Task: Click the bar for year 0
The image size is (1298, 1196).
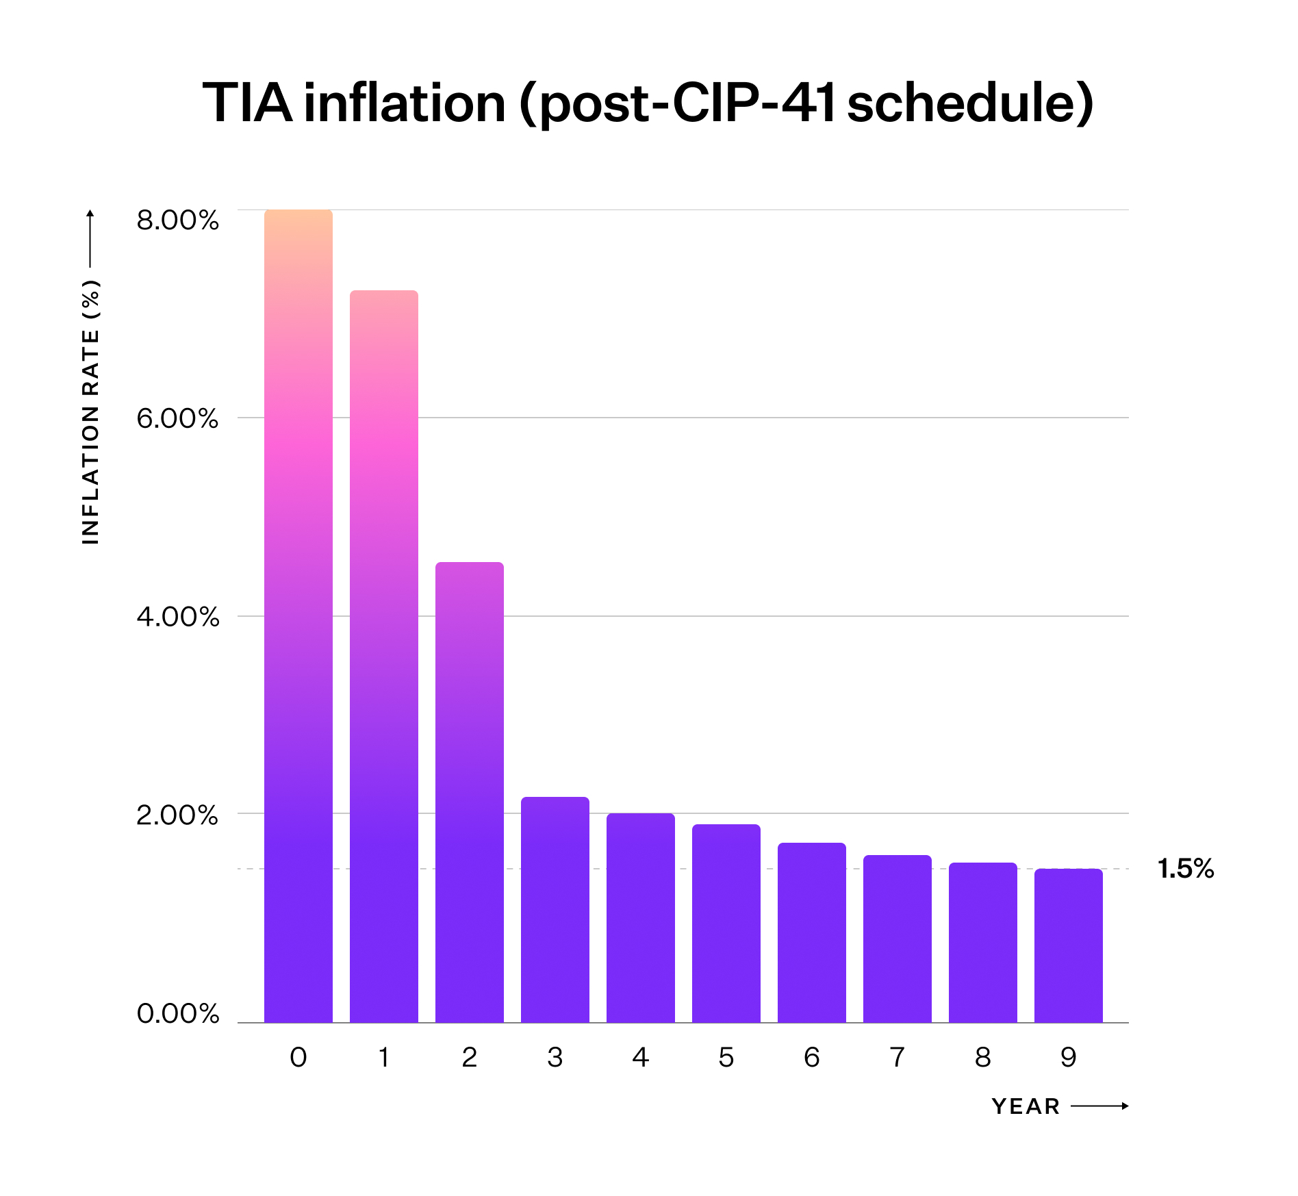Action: (x=298, y=616)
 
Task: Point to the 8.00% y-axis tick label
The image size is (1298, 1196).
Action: (x=177, y=220)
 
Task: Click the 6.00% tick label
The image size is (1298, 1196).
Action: (x=177, y=418)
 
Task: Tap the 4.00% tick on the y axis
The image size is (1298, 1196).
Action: (x=177, y=617)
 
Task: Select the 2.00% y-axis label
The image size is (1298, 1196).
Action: (x=177, y=815)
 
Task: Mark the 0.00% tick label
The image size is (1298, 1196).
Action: (x=177, y=1013)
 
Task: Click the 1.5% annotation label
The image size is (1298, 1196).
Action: (x=1185, y=869)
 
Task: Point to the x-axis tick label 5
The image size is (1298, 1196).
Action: (x=726, y=1058)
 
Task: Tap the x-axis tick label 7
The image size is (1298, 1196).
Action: (x=897, y=1058)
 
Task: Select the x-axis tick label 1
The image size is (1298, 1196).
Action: (x=383, y=1058)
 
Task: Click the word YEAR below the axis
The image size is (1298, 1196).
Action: (x=1026, y=1106)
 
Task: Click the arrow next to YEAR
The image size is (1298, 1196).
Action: (x=1099, y=1106)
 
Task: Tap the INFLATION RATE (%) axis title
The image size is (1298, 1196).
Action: (x=90, y=411)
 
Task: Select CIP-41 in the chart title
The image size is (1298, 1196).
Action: (x=754, y=103)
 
